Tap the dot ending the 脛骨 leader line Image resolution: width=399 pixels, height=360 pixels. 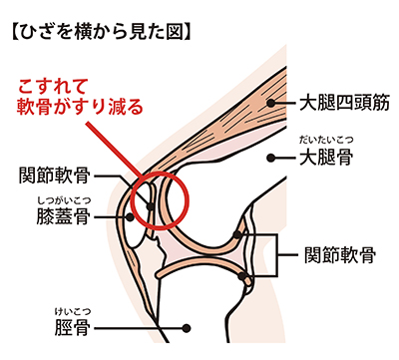190,325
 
